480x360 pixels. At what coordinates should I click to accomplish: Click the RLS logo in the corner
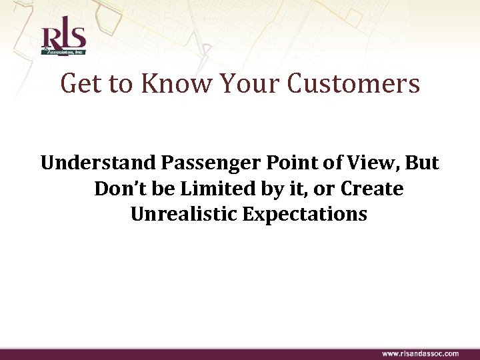[63, 38]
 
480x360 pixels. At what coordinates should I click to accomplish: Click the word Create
[372, 189]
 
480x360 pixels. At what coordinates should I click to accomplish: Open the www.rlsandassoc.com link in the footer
[420, 353]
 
